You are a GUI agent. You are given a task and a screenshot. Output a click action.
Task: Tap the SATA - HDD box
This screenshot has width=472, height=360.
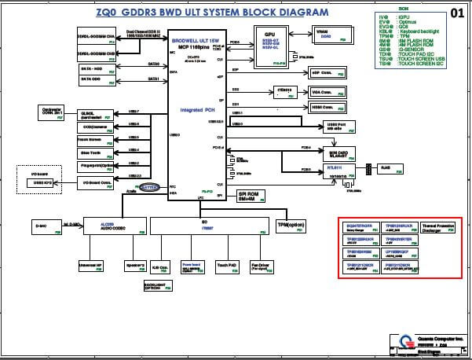pos(97,68)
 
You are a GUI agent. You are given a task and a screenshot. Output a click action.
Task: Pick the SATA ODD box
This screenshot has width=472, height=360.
pos(97,79)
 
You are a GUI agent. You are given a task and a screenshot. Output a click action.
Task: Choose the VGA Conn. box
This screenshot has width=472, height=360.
pos(324,92)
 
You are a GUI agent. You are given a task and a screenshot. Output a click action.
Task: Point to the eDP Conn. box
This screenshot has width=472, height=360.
pos(324,73)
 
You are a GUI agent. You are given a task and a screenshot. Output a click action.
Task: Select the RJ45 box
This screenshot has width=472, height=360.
pos(386,168)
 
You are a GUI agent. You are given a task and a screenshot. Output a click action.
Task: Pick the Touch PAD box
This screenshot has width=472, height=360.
pos(227,266)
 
